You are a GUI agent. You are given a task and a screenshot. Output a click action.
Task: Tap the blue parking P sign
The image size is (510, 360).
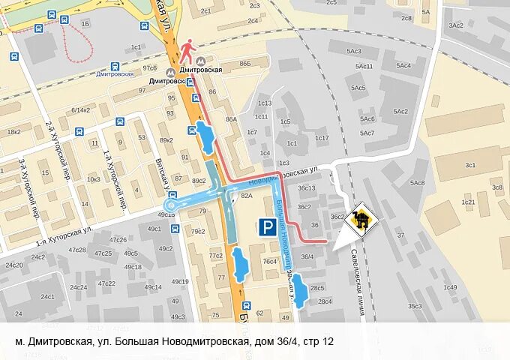(266, 227)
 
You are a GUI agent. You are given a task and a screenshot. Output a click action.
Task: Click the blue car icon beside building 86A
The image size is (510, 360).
(204, 138)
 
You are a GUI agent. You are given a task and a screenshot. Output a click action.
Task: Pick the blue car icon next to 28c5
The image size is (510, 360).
(300, 290)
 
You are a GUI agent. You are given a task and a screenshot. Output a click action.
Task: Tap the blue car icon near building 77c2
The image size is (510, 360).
(239, 265)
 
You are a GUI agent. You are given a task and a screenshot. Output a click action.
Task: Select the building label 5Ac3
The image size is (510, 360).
(353, 52)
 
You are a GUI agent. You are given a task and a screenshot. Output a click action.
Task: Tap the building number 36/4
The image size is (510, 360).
(307, 256)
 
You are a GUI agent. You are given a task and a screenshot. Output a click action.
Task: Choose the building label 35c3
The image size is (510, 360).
(415, 306)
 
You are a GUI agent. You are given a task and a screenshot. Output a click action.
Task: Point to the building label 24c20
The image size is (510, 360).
(13, 265)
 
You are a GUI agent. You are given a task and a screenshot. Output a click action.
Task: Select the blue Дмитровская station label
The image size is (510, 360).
(115, 73)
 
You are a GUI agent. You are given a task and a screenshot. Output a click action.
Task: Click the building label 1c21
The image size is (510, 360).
(469, 202)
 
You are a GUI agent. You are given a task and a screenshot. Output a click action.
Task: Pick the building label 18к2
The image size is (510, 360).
(13, 132)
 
